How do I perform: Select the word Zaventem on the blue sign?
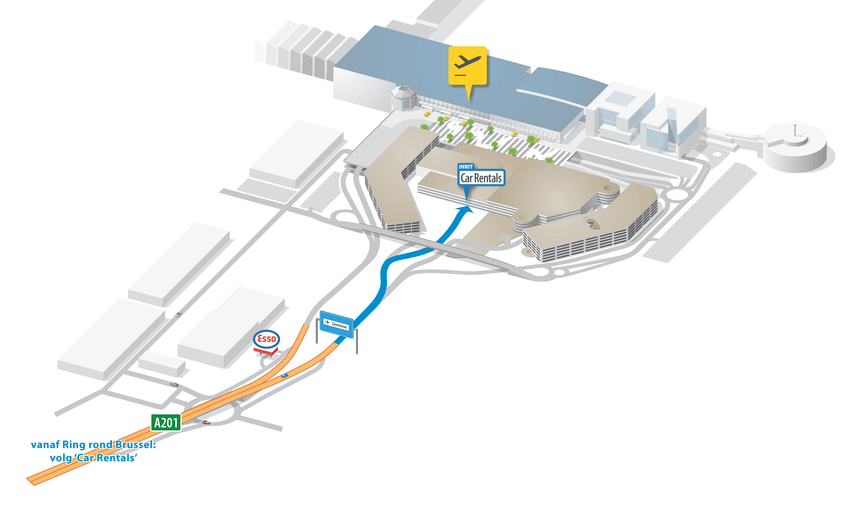point(339,325)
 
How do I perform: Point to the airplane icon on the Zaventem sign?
point(327,322)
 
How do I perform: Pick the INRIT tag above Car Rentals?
point(466,167)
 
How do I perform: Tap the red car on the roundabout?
point(206,422)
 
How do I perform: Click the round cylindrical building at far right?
point(795,148)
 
